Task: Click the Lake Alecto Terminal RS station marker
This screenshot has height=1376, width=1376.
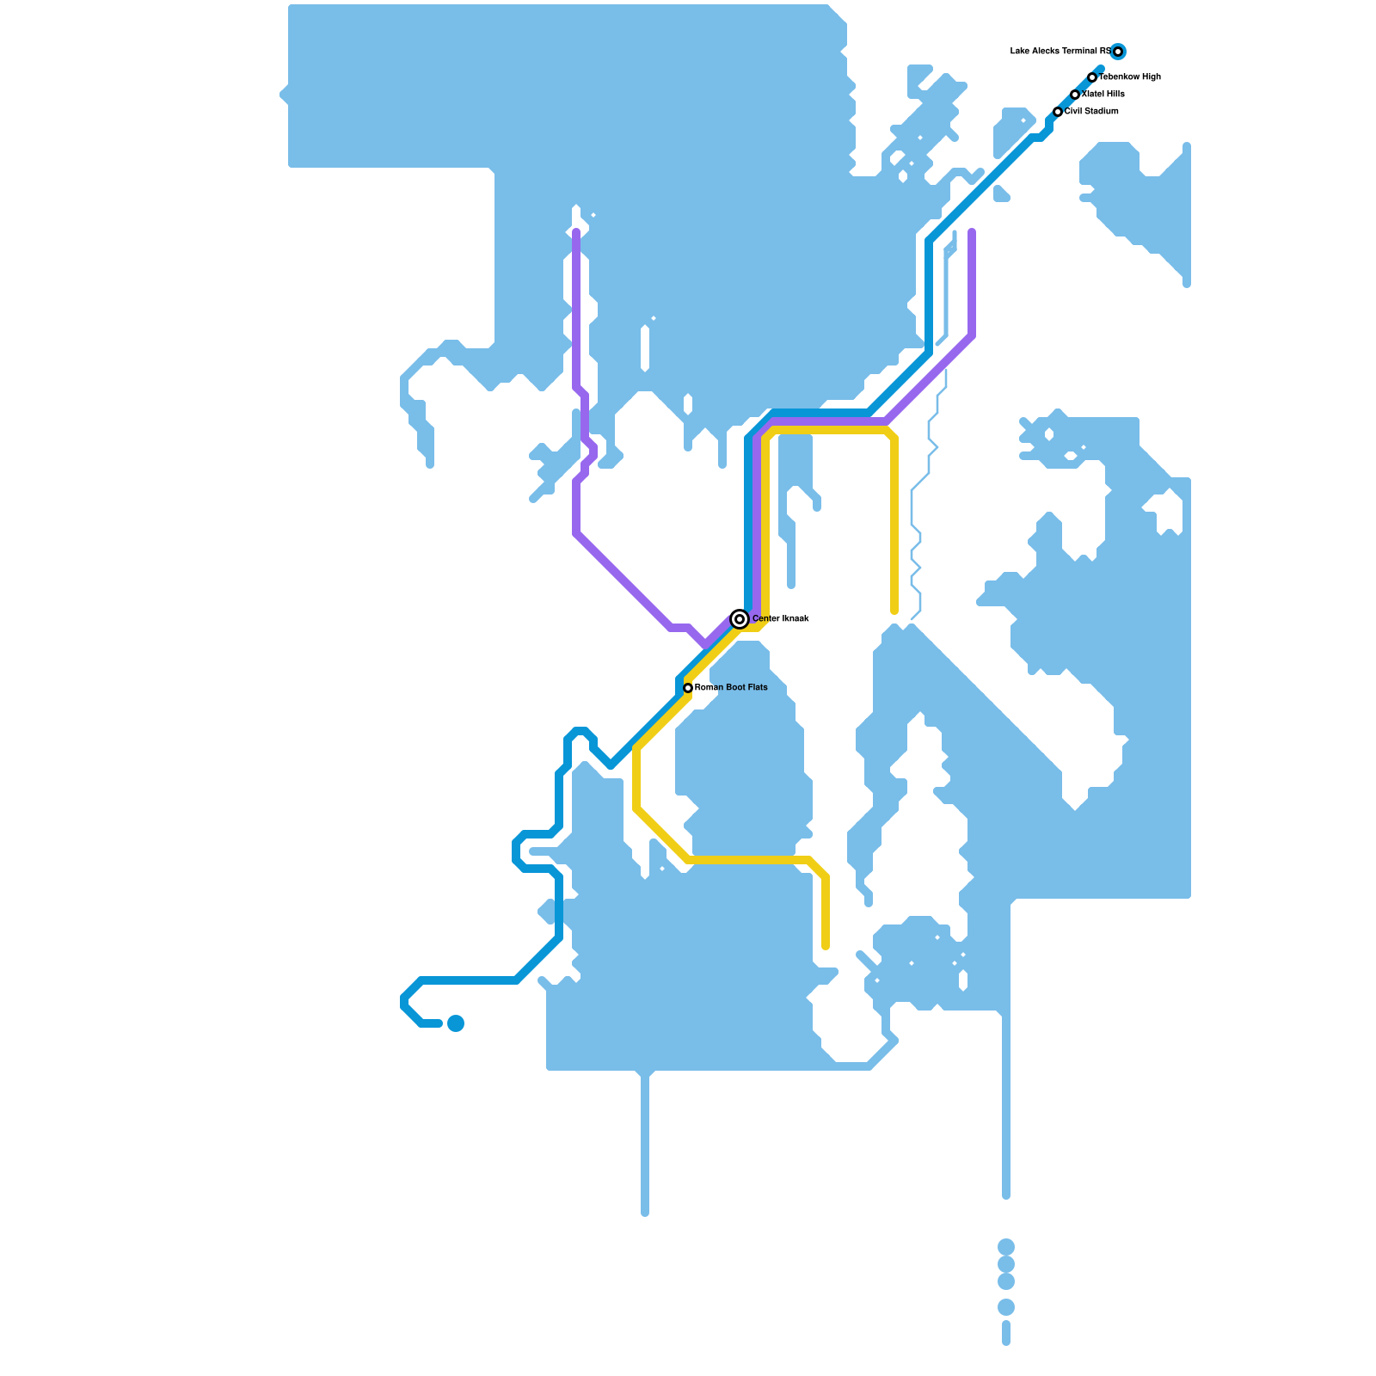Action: pyautogui.click(x=1117, y=52)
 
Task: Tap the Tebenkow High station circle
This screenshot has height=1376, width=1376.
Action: pyautogui.click(x=1092, y=77)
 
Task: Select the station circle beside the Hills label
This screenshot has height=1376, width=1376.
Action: pyautogui.click(x=1075, y=95)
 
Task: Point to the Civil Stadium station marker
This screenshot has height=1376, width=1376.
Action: pyautogui.click(x=1058, y=112)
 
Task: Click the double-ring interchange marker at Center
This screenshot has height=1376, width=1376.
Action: pyautogui.click(x=740, y=619)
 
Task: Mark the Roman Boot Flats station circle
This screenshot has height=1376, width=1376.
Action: pyautogui.click(x=688, y=688)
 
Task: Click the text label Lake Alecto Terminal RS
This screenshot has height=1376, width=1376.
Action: pyautogui.click(x=1060, y=52)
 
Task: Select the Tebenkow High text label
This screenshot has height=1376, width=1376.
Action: pyautogui.click(x=1130, y=77)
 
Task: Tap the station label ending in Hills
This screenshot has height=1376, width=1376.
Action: pyautogui.click(x=1103, y=95)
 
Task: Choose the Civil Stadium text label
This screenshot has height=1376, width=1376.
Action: pyautogui.click(x=1091, y=112)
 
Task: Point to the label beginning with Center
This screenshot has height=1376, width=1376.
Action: pyautogui.click(x=780, y=619)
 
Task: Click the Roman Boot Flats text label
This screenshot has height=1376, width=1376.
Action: pyautogui.click(x=731, y=688)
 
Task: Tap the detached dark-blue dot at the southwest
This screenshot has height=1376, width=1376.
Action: pyautogui.click(x=456, y=1023)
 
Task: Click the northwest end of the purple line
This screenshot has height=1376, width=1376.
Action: pyautogui.click(x=576, y=232)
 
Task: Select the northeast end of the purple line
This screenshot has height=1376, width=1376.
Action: pyautogui.click(x=972, y=232)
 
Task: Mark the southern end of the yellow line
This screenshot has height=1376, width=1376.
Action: pyautogui.click(x=826, y=946)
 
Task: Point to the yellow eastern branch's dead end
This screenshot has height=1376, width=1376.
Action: pyautogui.click(x=894, y=611)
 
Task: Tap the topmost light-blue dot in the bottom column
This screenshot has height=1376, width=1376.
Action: pyautogui.click(x=1006, y=1246)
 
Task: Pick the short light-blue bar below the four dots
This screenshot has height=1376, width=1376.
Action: pyautogui.click(x=1006, y=1333)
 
